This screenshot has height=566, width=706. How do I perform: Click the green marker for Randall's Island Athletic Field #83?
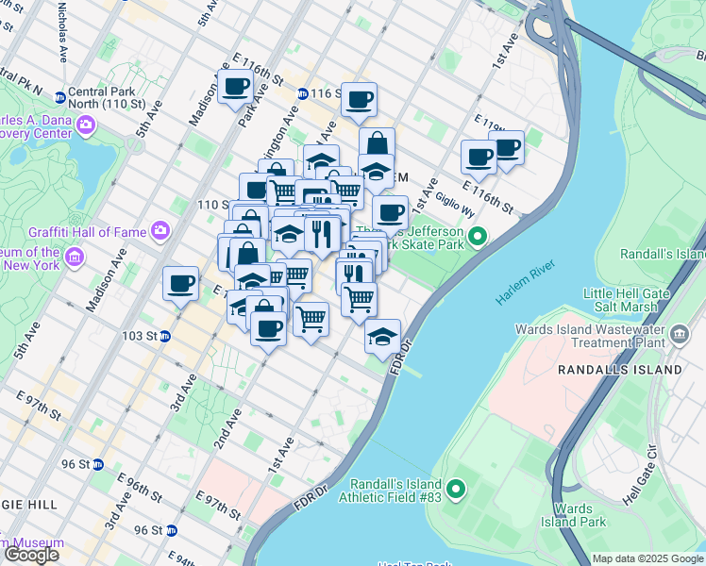pos(457,489)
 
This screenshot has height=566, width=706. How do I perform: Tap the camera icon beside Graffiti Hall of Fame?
pos(160,229)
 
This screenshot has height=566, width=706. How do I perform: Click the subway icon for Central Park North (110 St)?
pos(60,97)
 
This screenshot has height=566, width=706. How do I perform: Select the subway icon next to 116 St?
pos(302,93)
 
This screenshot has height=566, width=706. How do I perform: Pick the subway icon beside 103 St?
pos(164,336)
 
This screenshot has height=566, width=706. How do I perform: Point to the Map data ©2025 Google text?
pos(648,558)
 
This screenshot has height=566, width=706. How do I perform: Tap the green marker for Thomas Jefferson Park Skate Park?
pos(478,236)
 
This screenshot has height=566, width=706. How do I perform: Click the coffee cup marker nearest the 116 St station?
pos(358,99)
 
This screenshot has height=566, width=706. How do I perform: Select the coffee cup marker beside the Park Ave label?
pos(236,88)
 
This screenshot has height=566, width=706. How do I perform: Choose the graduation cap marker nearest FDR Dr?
pos(382,336)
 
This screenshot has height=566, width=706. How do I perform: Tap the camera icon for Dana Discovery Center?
pos(86,125)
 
